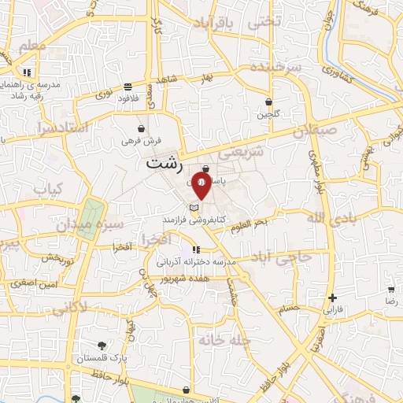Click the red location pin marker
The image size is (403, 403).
click(x=201, y=186)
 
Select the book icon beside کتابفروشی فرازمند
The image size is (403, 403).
click(x=194, y=208)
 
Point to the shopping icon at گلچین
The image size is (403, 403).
click(x=268, y=102)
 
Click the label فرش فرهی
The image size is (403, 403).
click(x=142, y=140)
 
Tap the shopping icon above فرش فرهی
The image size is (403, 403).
click(x=141, y=128)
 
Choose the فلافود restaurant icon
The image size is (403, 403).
click(x=128, y=87)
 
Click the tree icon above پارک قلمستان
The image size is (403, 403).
click(x=102, y=345)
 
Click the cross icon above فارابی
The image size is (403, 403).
click(x=333, y=298)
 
